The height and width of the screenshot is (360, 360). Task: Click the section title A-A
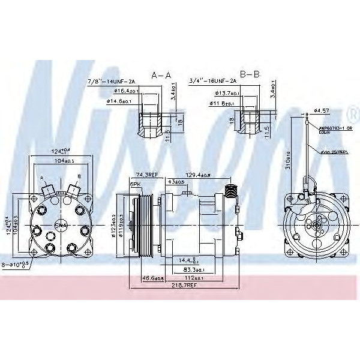[161, 76]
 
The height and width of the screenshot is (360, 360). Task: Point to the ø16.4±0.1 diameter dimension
[127, 91]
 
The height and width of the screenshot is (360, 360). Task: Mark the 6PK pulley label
[135, 184]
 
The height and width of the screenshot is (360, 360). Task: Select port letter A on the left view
[41, 178]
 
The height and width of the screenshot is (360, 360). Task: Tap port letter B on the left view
[79, 177]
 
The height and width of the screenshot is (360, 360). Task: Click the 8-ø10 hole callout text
[25, 263]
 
